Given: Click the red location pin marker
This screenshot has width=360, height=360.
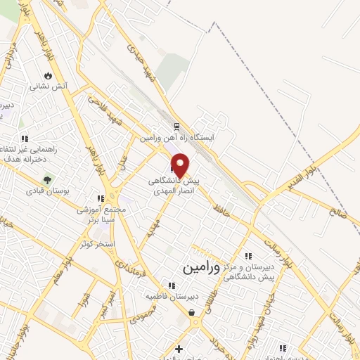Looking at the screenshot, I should (181, 165).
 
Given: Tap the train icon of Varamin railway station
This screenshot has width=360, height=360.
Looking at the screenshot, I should (176, 127).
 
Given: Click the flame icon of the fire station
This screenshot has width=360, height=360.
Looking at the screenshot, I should (48, 75).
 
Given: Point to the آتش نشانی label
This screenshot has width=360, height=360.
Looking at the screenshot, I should (48, 87).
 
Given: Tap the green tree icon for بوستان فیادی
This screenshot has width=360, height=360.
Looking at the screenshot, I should (47, 179).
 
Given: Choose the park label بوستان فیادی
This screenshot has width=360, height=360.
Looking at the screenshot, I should (46, 191).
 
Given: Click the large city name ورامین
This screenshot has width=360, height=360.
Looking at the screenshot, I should (202, 268).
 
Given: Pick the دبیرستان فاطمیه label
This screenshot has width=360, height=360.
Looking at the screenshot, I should (169, 297).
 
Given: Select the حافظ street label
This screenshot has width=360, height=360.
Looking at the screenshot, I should (224, 207).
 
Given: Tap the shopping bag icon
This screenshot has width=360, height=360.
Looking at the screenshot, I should (191, 313).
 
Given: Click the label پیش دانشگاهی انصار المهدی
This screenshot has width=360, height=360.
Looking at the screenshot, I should (174, 186).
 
